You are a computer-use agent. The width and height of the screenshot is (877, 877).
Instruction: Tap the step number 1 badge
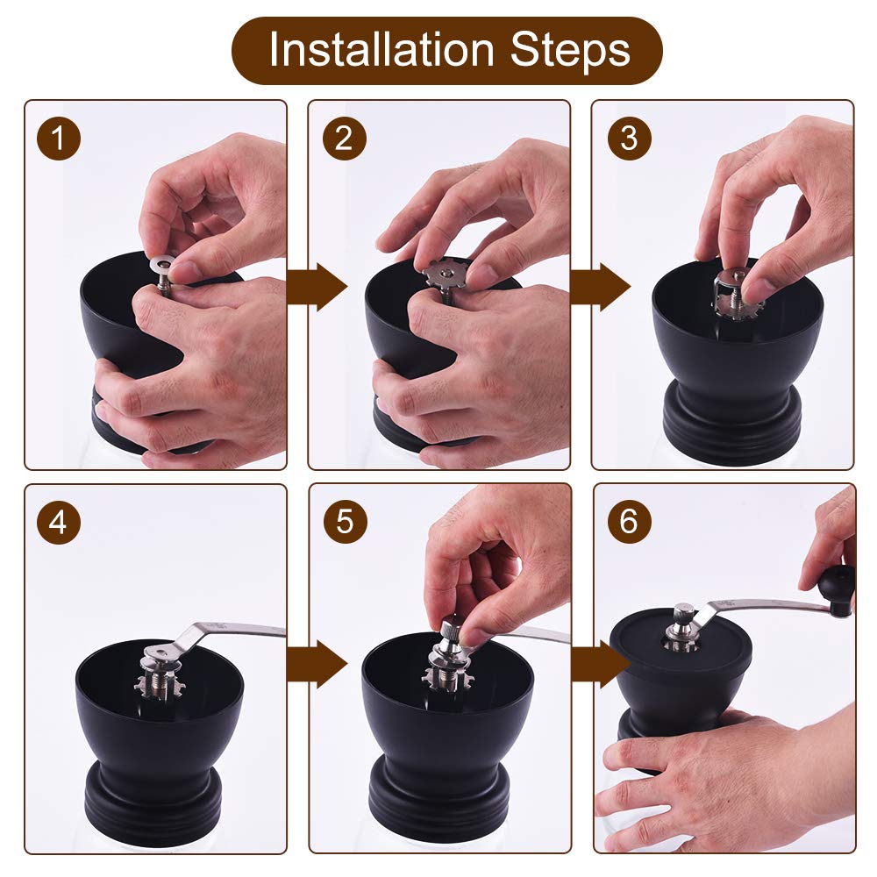[59, 139]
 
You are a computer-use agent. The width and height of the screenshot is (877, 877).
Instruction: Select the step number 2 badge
[345, 139]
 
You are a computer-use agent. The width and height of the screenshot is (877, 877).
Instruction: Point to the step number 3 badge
[629, 139]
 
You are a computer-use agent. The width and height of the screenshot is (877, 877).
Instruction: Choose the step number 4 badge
[59, 522]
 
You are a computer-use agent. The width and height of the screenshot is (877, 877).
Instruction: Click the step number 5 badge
[345, 522]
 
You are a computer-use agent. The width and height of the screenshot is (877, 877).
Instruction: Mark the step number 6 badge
[629, 522]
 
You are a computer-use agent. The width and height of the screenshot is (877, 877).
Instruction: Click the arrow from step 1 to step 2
[317, 287]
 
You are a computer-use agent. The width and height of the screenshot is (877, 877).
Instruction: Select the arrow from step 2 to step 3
[601, 287]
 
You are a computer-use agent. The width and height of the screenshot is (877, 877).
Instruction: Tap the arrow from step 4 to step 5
[317, 664]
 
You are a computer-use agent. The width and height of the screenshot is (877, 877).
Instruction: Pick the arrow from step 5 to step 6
[601, 664]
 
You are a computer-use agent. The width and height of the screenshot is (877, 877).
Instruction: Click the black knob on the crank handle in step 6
[837, 589]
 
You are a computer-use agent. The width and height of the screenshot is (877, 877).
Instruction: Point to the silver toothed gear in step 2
[446, 274]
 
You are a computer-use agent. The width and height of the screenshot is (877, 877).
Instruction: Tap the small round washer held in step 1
[165, 263]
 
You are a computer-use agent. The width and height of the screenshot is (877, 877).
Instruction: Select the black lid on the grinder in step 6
[681, 643]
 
